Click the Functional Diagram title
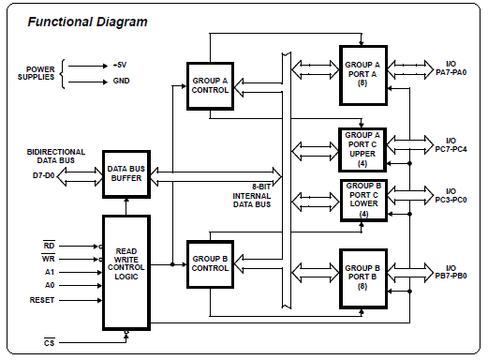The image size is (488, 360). [87, 22]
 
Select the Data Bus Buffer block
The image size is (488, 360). [126, 174]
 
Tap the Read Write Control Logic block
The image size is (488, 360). [126, 273]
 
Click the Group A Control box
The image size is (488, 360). [210, 86]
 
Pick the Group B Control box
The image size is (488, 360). [210, 264]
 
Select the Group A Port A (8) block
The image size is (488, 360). [363, 75]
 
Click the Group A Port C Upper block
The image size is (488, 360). [362, 150]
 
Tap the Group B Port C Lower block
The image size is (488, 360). [363, 201]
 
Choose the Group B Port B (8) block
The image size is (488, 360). [363, 278]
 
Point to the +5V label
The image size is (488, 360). [120, 66]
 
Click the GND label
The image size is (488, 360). [121, 81]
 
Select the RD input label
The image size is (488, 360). [49, 246]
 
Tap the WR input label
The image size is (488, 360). [49, 259]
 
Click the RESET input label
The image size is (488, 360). [42, 300]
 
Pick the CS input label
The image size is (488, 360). [49, 343]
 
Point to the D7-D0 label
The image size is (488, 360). [44, 175]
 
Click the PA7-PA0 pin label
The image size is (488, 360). [451, 72]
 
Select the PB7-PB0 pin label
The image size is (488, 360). [451, 277]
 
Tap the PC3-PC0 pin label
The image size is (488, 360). [451, 200]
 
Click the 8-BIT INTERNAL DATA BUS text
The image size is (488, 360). [252, 196]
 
